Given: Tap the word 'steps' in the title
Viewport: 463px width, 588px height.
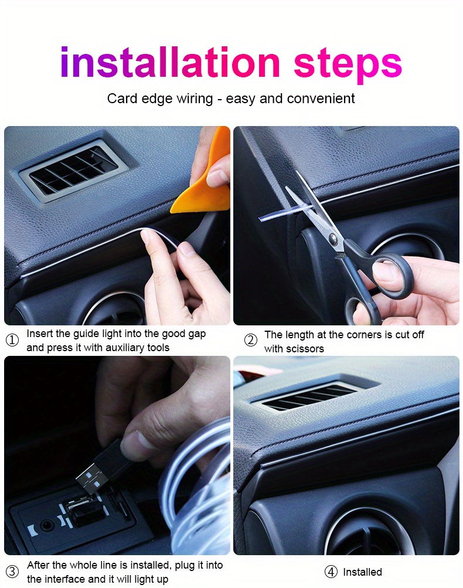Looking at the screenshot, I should pos(348,64).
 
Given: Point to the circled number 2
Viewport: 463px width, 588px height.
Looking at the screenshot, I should pos(250,341).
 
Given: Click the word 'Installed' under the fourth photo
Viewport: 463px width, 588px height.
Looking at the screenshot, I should pos(362,572).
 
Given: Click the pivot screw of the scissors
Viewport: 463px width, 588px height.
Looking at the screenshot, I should pos(333,238).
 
